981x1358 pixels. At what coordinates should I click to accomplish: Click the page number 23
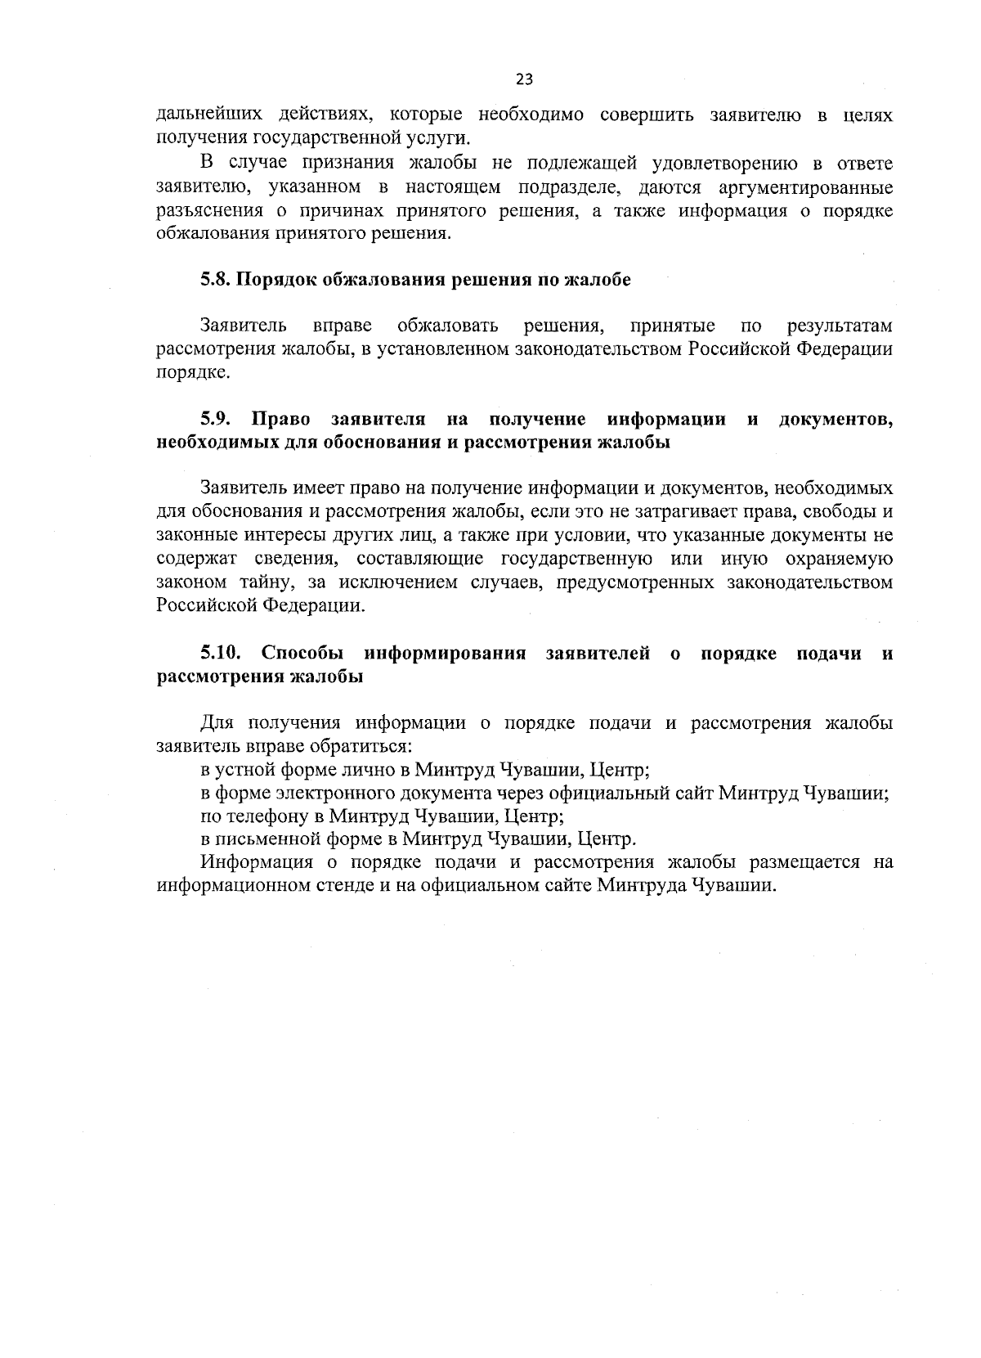(x=524, y=79)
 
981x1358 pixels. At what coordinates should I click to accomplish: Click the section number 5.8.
(x=217, y=280)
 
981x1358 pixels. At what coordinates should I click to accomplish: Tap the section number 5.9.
(x=217, y=420)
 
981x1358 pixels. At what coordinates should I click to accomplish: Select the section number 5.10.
(x=222, y=654)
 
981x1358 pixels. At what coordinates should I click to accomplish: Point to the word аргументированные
(x=805, y=187)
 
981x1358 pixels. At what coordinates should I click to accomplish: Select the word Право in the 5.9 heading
(x=280, y=420)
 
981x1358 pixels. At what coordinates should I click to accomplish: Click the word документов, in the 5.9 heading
(x=835, y=420)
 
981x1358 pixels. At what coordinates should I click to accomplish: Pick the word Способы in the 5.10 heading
(x=302, y=654)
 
